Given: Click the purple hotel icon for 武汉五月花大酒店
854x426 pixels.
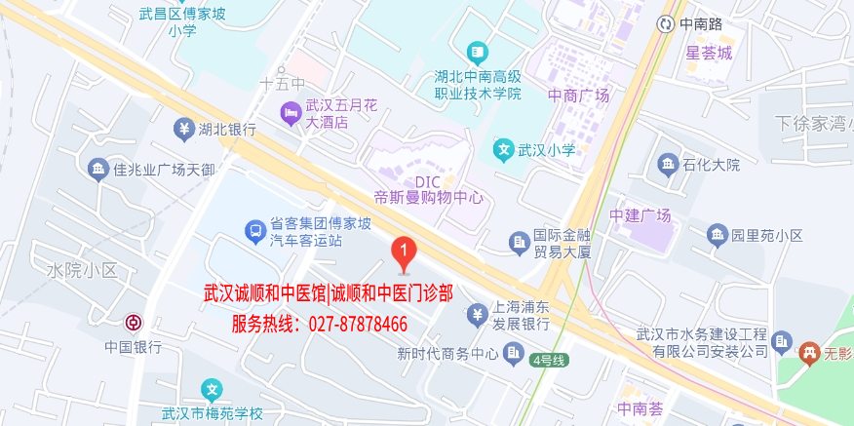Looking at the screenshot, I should coord(291,114).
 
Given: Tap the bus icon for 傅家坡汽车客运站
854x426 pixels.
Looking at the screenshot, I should coord(253,232).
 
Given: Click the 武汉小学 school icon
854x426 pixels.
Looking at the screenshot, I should coord(503,150).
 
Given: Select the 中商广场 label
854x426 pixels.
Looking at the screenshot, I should coord(578,96).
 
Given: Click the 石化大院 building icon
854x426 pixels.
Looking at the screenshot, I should coord(668,163).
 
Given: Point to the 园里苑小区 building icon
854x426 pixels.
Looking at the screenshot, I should coord(718,235).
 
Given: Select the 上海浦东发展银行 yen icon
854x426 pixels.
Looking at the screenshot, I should coord(476,313).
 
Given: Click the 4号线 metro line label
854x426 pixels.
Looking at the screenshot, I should coord(549,360).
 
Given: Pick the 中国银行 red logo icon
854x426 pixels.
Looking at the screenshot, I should coord(133,323).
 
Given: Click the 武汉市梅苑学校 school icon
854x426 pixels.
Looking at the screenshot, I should coord(212,392).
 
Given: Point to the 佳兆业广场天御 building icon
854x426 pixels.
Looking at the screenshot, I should coord(97,170).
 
